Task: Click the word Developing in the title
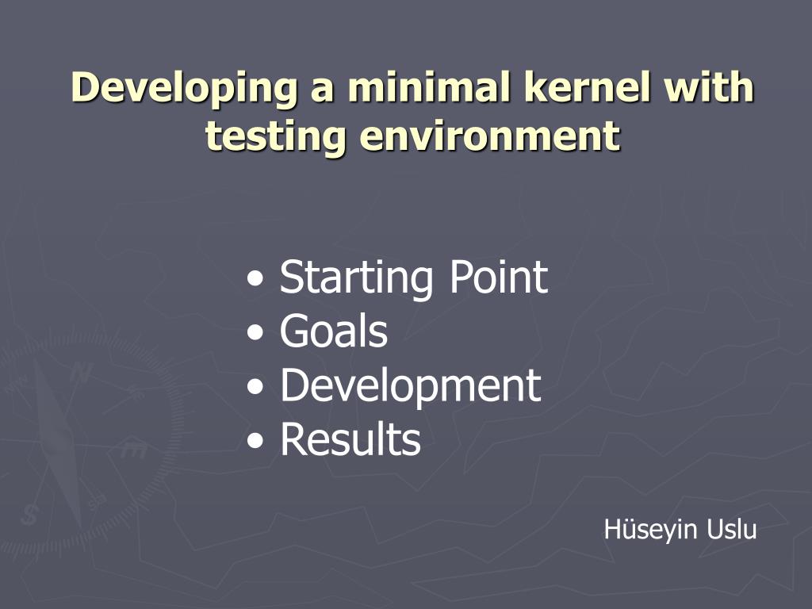(185, 88)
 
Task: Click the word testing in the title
(275, 136)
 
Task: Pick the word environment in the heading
(490, 136)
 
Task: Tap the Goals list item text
(334, 331)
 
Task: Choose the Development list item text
(410, 385)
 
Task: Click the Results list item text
(350, 439)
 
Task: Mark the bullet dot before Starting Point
(255, 278)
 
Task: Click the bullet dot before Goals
(255, 332)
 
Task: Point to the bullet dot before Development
(255, 386)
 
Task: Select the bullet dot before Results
(255, 441)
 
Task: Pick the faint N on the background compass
(81, 373)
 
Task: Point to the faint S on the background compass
(29, 515)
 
